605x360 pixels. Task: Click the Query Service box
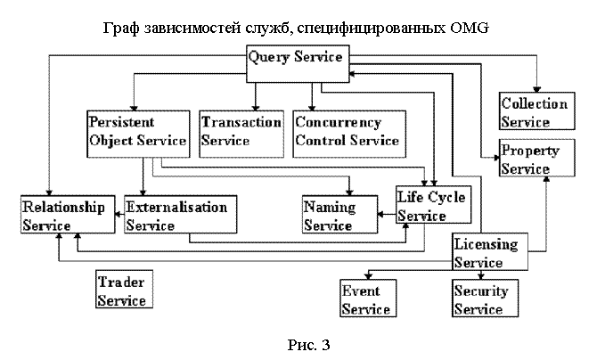pos(296,58)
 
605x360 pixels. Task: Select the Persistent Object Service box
pos(138,131)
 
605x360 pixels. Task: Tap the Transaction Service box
pos(241,131)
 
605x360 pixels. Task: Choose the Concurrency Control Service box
pos(348,131)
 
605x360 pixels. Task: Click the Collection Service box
pos(534,112)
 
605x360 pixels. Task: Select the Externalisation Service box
pos(176,216)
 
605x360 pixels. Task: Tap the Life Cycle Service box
pos(431,206)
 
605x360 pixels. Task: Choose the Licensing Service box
pos(489,252)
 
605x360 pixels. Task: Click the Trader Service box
pos(123,290)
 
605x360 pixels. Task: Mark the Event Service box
pos(366,299)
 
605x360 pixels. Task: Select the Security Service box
pos(481,299)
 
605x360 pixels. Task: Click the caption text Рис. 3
pos(302,343)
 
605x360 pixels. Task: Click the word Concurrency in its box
pos(338,122)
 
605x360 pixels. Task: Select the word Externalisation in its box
pos(176,207)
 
